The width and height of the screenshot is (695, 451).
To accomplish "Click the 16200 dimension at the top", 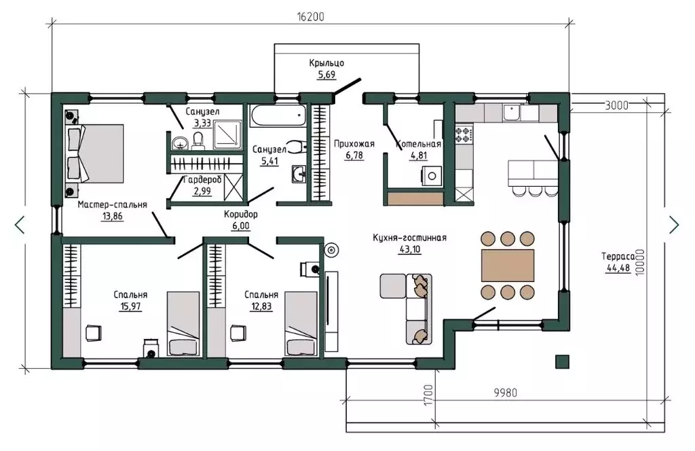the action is click(x=310, y=17).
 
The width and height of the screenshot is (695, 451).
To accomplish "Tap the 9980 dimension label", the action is click(x=505, y=393).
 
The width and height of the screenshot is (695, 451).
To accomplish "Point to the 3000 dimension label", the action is click(x=616, y=105).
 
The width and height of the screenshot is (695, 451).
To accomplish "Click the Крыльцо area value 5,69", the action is click(x=326, y=75).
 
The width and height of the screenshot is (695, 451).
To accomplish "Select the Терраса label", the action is click(x=618, y=256).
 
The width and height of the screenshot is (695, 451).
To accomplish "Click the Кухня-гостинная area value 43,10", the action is click(x=410, y=249).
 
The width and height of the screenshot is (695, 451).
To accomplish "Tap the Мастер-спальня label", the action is click(x=112, y=204).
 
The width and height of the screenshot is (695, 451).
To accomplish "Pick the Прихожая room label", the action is click(x=354, y=144).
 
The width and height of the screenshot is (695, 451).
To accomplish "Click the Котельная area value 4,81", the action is click(x=419, y=156).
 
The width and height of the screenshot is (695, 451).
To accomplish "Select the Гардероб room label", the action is click(x=202, y=180).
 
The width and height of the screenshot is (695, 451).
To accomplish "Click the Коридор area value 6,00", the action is click(x=241, y=225).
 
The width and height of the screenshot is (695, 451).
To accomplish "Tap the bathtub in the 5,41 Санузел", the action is click(x=278, y=115).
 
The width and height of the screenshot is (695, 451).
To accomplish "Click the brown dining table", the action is click(x=508, y=265).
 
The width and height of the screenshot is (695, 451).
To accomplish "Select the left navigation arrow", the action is click(x=20, y=225).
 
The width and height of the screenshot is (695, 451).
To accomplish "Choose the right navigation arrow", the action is click(x=674, y=225).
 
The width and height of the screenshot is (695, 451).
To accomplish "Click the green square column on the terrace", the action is click(x=562, y=361).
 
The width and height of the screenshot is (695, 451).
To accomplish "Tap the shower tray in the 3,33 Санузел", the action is click(x=228, y=134).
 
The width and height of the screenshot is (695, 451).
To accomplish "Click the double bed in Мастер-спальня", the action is click(x=95, y=154).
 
